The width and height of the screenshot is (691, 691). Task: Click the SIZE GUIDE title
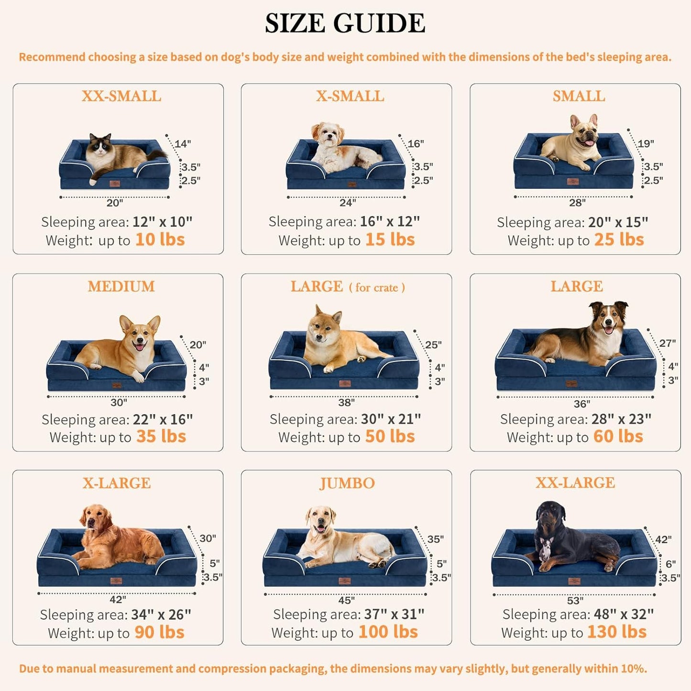(345, 23)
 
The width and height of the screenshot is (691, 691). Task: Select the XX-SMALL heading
(121, 96)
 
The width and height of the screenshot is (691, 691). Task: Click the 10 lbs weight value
(160, 240)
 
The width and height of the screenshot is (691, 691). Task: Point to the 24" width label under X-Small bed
(347, 203)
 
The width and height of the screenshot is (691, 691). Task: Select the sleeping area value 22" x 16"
(163, 419)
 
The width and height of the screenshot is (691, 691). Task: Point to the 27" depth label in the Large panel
(667, 343)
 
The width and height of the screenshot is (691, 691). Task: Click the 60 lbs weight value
(618, 437)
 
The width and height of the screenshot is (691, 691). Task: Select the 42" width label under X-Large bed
(118, 600)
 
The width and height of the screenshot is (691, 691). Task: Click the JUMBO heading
(347, 483)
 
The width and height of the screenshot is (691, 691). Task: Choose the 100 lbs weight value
(388, 632)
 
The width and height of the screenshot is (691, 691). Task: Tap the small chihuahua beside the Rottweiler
(545, 549)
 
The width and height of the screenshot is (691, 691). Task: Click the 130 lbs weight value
(616, 632)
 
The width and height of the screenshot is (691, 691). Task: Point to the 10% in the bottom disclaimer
(634, 669)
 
